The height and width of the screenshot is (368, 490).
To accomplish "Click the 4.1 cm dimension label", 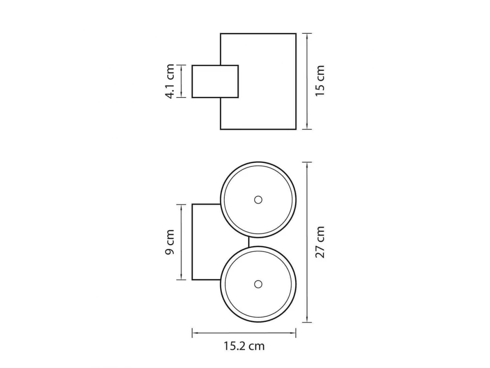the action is (x=169, y=81).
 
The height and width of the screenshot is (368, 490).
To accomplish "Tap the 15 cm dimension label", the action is (x=320, y=81).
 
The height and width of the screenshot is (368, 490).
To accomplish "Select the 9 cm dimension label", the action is (x=169, y=242).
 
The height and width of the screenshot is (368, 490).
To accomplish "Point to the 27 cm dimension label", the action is (x=320, y=242).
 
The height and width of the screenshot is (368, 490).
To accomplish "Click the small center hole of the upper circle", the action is (x=258, y=200).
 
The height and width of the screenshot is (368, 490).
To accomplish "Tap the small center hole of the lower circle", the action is (x=258, y=284).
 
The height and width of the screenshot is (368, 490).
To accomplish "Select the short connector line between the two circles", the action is (x=248, y=242).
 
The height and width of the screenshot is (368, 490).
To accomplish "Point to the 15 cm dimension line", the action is (x=307, y=81).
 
